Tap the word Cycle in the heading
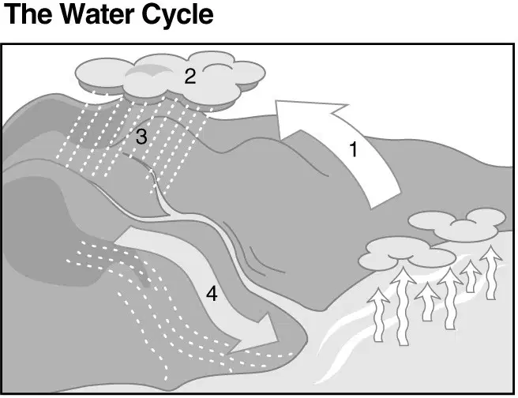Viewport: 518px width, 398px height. tap(178, 16)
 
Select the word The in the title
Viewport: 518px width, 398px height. tap(28, 14)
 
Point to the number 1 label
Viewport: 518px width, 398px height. tap(354, 149)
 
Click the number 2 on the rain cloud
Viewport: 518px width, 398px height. tap(190, 77)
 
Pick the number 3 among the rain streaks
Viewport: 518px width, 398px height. tap(141, 137)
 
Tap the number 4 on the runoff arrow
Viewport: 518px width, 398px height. tap(212, 294)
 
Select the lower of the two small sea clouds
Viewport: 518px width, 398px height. tap(407, 253)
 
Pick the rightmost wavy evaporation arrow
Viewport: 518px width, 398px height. tap(491, 272)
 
